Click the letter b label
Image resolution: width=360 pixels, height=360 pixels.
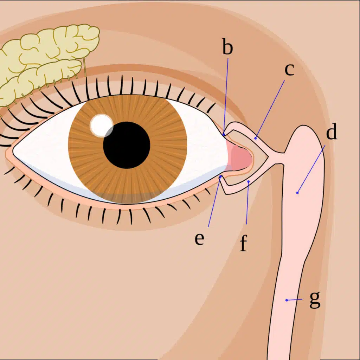pyautogui.click(x=227, y=48)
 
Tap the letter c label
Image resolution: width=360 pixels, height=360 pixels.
pyautogui.click(x=289, y=70)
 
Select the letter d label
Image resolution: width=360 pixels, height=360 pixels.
pyautogui.click(x=332, y=133)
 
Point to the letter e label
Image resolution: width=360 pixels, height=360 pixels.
pyautogui.click(x=199, y=239)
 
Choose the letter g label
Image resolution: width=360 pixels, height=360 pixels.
pyautogui.click(x=315, y=300)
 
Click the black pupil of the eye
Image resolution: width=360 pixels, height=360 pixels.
pyautogui.click(x=127, y=145)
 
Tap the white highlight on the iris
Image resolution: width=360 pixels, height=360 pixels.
pyautogui.click(x=101, y=125)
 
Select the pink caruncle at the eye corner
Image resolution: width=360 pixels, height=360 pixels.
pyautogui.click(x=241, y=158)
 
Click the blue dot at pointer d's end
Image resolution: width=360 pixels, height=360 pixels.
pyautogui.click(x=297, y=193)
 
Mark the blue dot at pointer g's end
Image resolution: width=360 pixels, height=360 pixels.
pyautogui.click(x=287, y=300)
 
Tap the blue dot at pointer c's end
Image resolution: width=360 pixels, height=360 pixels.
pyautogui.click(x=256, y=138)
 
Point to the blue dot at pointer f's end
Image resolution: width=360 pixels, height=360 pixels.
pyautogui.click(x=249, y=181)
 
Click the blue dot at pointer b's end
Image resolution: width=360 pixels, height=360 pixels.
pyautogui.click(x=224, y=134)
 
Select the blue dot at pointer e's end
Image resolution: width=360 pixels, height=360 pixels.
pyautogui.click(x=220, y=177)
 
